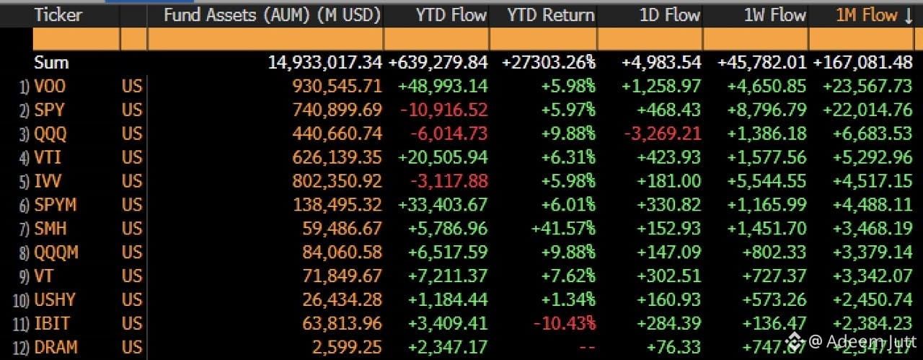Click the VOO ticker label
[50, 86]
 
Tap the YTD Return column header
[551, 15]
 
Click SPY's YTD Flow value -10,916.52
[444, 110]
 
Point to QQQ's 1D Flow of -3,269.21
[663, 133]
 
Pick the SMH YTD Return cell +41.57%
[563, 229]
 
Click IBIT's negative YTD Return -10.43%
[565, 323]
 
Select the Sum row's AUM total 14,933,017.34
[325, 63]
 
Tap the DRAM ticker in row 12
[56, 347]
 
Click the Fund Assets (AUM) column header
[272, 15]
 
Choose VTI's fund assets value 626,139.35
[337, 157]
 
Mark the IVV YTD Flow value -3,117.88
[449, 181]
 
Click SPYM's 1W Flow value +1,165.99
[767, 205]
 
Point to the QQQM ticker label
[56, 253]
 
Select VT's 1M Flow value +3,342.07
[873, 276]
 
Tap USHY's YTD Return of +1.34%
[568, 300]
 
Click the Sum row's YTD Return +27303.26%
[549, 63]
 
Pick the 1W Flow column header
[774, 15]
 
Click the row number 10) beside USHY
[21, 300]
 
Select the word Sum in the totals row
[51, 63]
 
